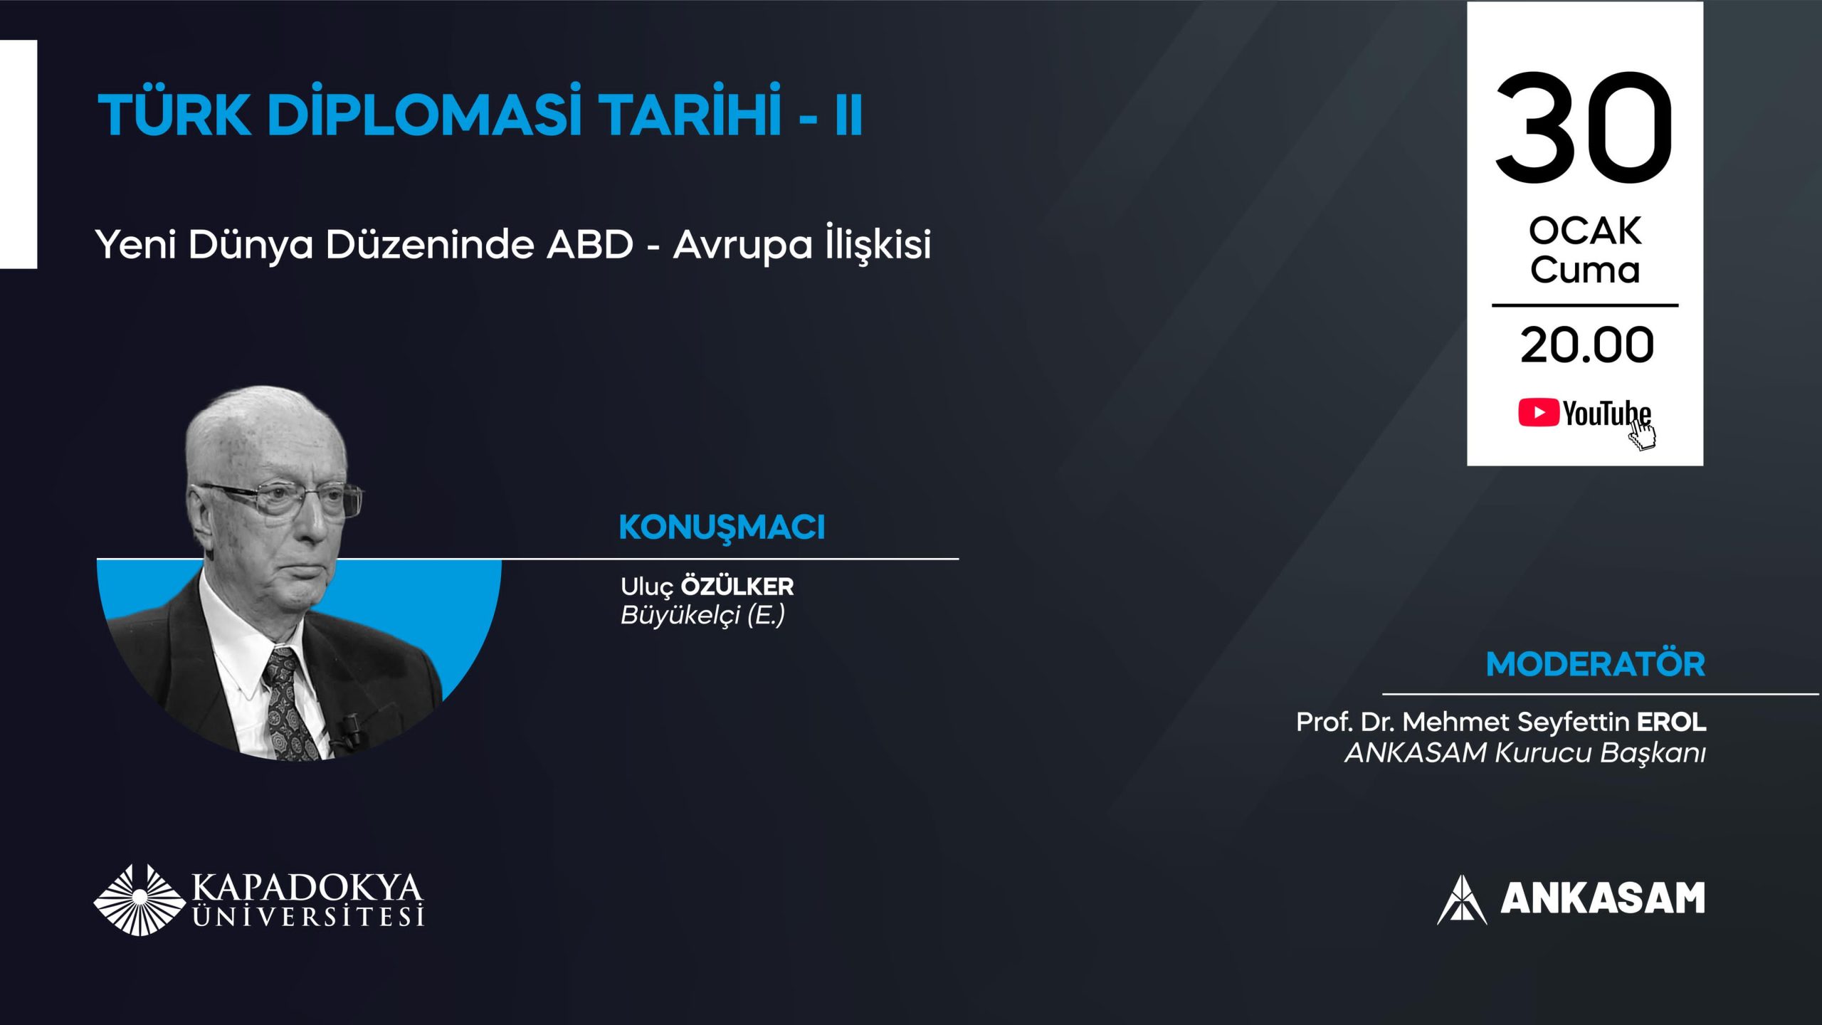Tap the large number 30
(1584, 128)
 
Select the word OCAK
(1585, 231)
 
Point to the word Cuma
(1585, 270)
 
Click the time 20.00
(1586, 345)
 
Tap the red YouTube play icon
(1538, 413)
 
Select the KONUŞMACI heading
(722, 527)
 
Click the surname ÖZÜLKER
(737, 587)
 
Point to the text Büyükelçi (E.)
(702, 615)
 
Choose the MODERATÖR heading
(1596, 664)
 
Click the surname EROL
(1672, 722)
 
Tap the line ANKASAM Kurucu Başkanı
(1525, 753)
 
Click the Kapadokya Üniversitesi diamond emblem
(139, 900)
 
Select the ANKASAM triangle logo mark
(1462, 900)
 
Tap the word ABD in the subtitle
(589, 245)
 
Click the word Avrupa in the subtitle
(742, 246)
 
